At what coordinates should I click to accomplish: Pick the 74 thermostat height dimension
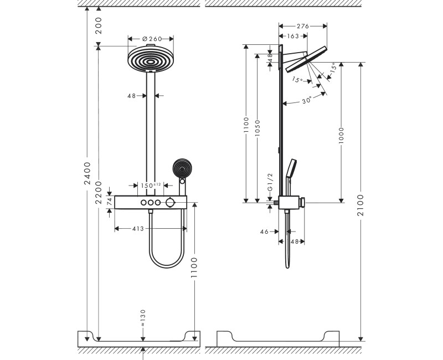pos(110,202)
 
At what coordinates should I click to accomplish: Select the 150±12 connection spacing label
pos(151,186)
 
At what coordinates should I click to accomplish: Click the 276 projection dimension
pos(302,25)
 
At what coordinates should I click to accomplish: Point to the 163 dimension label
pos(293,36)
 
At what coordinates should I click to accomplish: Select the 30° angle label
pos(306,100)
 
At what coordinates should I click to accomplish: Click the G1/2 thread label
pos(270,182)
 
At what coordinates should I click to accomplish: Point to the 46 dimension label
pos(264,232)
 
